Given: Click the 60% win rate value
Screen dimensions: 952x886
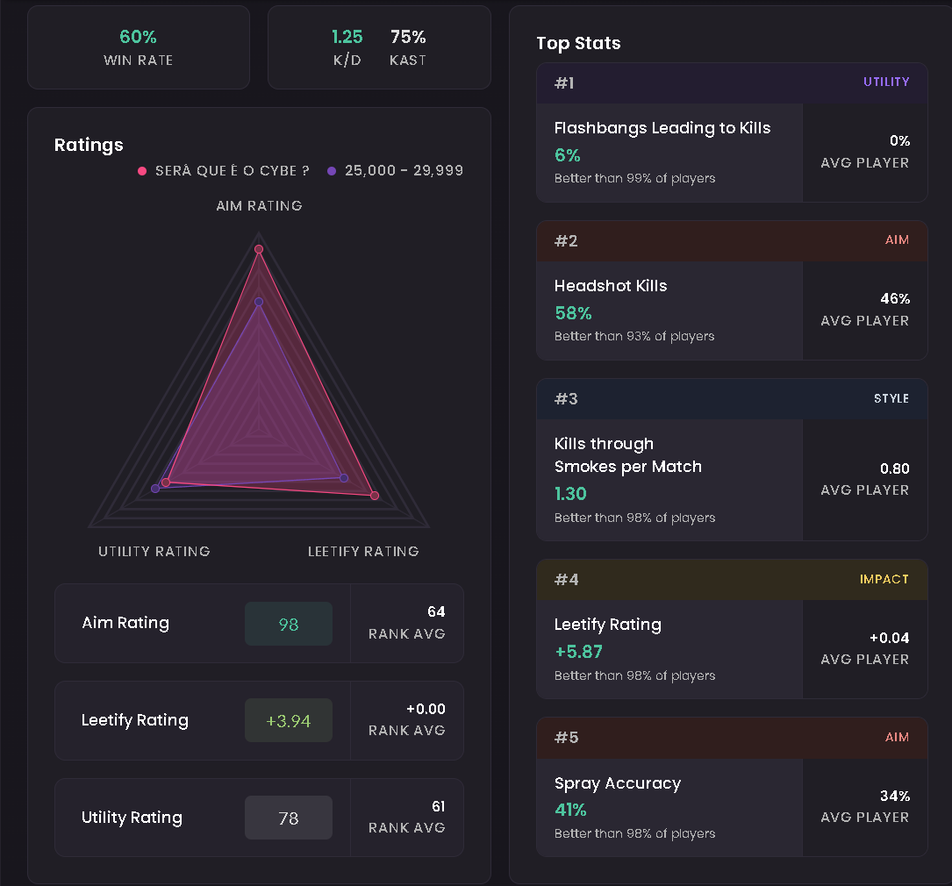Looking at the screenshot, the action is click(138, 37).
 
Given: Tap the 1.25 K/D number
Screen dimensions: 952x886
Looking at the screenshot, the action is click(347, 37).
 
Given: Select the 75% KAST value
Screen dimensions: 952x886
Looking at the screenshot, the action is click(408, 37).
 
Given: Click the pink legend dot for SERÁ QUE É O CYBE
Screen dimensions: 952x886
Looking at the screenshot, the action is click(142, 171).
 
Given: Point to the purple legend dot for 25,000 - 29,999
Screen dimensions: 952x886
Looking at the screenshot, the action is click(332, 171).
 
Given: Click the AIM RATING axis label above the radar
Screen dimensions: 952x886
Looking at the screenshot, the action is click(259, 206).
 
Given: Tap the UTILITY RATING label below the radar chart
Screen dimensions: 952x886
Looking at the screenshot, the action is click(154, 551).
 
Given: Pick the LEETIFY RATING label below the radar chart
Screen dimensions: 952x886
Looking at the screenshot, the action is click(363, 551).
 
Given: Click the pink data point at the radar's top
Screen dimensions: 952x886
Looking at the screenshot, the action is click(259, 249).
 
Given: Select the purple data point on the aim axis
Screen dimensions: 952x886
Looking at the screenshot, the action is click(259, 302).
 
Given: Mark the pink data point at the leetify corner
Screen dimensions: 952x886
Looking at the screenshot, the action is click(375, 496).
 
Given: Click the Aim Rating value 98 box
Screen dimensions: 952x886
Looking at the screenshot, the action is click(289, 624).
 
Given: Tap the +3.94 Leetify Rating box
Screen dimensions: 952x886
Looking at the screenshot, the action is click(289, 720).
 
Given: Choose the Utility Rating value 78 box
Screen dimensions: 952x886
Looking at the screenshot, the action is click(289, 818).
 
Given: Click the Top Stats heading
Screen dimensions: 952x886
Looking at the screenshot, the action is click(578, 43).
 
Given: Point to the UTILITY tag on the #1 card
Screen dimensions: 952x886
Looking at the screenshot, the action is click(886, 82).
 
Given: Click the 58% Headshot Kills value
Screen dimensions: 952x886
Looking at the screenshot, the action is click(573, 313).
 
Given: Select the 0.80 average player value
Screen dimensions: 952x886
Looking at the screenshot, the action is click(895, 468).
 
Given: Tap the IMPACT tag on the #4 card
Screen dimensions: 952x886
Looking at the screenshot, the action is click(884, 580).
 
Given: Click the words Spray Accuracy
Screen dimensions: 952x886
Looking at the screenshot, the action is click(618, 783).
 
